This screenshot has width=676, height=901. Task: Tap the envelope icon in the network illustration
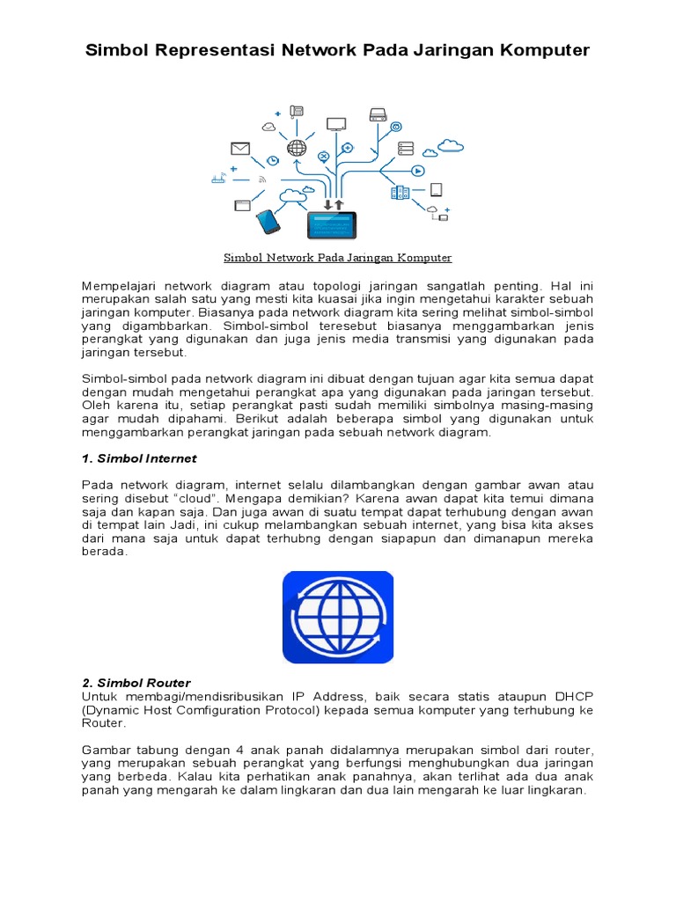(240, 148)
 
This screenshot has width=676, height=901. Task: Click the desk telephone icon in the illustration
(297, 111)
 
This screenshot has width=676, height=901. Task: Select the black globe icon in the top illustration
(297, 149)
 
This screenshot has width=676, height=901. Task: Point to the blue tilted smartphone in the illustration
(268, 222)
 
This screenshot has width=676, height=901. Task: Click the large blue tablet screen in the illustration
(332, 225)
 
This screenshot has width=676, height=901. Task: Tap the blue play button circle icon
(418, 171)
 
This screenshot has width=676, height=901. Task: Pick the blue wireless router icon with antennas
(219, 179)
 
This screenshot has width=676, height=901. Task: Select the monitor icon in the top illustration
(336, 125)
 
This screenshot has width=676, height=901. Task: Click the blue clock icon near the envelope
(273, 160)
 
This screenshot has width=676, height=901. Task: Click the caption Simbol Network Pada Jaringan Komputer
(337, 258)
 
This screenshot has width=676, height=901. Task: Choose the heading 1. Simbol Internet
(139, 458)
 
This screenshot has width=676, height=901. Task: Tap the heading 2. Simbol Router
(136, 683)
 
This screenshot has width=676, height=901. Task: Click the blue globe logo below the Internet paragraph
(338, 617)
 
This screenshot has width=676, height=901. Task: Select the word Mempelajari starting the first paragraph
(120, 286)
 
